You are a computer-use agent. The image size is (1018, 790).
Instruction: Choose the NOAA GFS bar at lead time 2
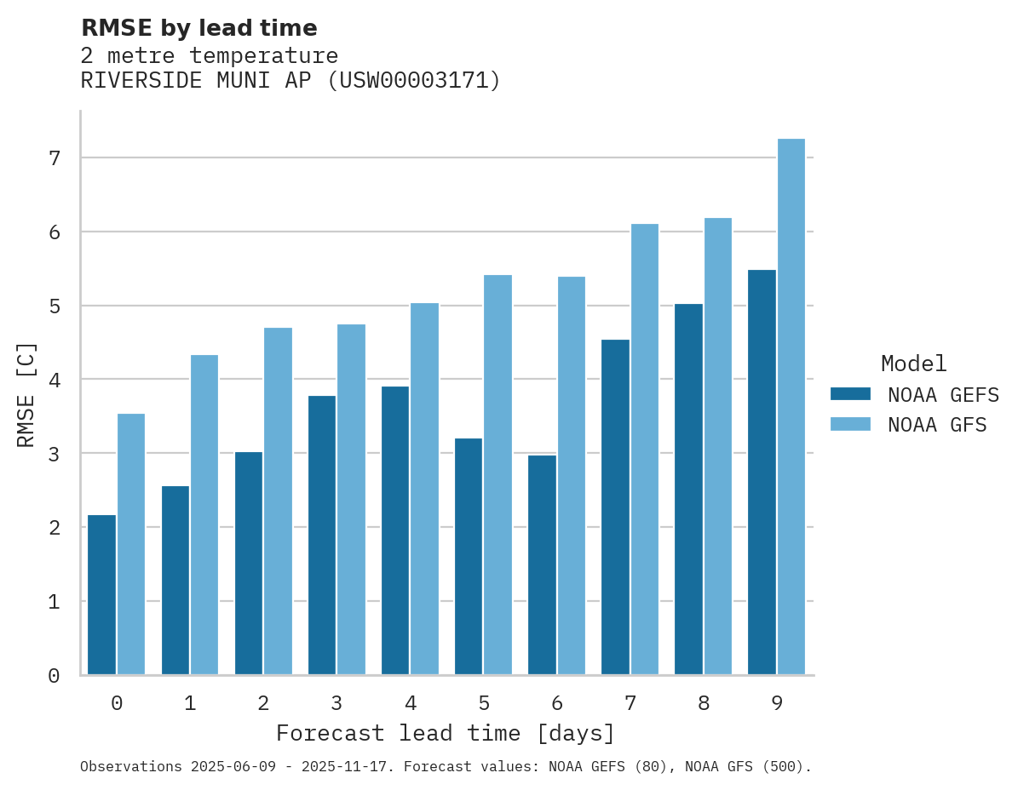[x=278, y=501]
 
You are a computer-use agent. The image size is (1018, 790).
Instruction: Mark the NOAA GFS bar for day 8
[x=718, y=446]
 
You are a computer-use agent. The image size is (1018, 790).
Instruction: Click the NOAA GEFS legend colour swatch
[x=850, y=394]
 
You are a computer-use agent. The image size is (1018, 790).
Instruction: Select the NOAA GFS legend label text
[x=937, y=425]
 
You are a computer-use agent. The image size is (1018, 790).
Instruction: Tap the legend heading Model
[x=913, y=364]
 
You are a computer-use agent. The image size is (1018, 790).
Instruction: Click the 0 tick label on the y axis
[x=54, y=676]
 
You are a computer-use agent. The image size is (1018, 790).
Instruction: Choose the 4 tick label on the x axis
[x=411, y=704]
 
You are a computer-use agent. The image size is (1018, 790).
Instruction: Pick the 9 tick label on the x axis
[x=777, y=704]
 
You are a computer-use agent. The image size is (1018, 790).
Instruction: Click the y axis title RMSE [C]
[x=27, y=394]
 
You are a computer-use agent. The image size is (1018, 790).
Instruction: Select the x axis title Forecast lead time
[x=445, y=734]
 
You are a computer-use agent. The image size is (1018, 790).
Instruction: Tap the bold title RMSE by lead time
[x=199, y=28]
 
